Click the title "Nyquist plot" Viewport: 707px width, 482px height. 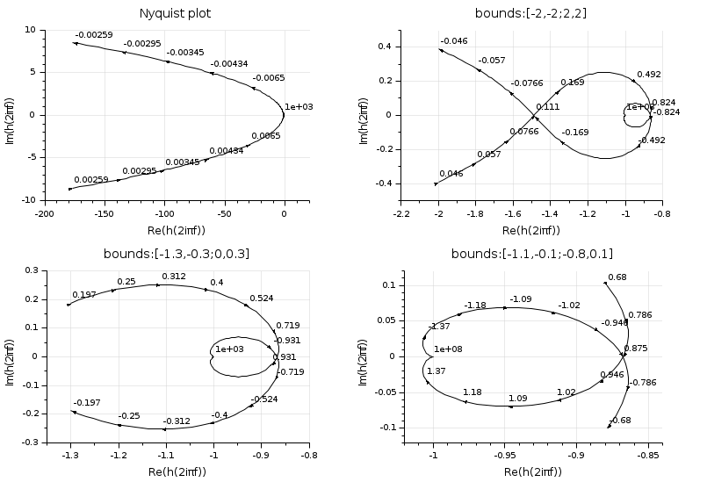tap(176, 14)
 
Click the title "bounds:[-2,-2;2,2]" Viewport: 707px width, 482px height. tap(530, 14)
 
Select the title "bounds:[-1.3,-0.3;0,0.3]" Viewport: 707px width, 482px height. tap(176, 255)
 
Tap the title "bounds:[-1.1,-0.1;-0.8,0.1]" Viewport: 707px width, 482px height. tap(530, 255)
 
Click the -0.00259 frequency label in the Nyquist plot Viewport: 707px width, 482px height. tap(92, 34)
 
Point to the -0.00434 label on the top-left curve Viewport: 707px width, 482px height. tap(228, 64)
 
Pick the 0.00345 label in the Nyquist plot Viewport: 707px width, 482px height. tap(183, 162)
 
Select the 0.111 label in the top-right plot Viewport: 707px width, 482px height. tap(548, 107)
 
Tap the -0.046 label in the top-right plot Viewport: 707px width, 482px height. tap(454, 41)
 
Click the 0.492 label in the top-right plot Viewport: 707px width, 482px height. tap(649, 76)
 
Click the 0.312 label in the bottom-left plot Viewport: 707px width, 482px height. tap(173, 277)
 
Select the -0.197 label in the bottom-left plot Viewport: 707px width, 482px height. tap(88, 402)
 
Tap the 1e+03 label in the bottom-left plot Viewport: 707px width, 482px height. tap(228, 349)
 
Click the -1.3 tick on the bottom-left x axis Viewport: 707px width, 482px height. tap(69, 456)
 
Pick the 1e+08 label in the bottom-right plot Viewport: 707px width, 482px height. tap(448, 349)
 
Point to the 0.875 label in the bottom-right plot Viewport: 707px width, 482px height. tap(635, 349)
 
